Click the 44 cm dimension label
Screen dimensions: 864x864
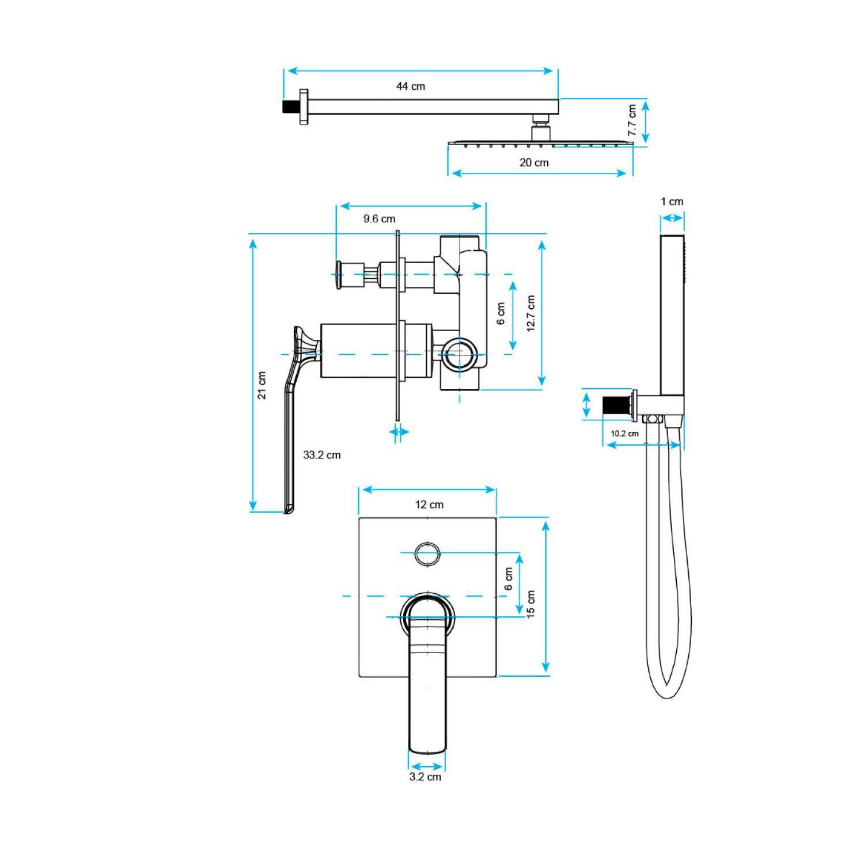coord(410,86)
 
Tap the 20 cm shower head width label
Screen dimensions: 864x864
coord(534,162)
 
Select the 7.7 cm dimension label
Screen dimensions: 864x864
coord(632,120)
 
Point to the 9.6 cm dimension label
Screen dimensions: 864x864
coord(379,219)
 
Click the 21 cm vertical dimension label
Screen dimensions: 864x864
coord(262,385)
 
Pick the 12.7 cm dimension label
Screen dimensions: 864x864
coord(530,313)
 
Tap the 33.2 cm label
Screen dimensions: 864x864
coord(321,455)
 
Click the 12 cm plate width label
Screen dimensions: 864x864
coord(429,505)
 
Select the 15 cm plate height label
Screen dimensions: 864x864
coord(530,604)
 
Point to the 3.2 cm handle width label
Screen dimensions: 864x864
coord(425,776)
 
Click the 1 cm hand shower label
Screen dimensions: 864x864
coord(672,202)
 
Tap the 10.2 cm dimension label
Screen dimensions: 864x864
coord(624,434)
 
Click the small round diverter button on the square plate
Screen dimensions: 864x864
coord(427,554)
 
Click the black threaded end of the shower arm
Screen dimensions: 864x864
coord(290,107)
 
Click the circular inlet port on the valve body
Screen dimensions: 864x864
coord(459,354)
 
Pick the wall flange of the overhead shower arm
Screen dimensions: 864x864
coord(304,107)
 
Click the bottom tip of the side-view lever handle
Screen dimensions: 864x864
coord(289,509)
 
